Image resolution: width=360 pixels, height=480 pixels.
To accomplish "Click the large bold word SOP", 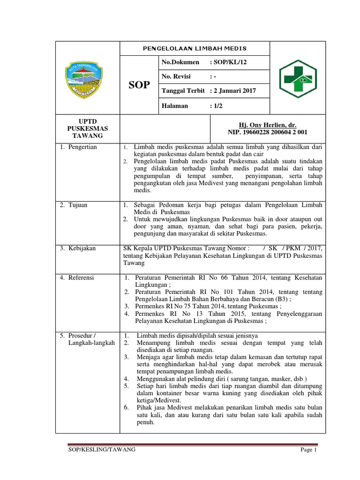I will [x=139, y=85].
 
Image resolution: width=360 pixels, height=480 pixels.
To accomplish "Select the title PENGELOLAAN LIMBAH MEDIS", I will [x=195, y=48].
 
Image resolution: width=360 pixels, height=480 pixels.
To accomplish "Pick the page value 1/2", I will [x=217, y=105].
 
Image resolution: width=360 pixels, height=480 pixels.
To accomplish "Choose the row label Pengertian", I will [x=81, y=147].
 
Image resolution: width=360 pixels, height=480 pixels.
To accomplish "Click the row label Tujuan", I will [x=77, y=205].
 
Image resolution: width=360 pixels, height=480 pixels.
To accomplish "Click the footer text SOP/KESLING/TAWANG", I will [x=102, y=450].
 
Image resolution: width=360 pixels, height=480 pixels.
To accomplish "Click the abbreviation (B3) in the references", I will [x=281, y=300].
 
